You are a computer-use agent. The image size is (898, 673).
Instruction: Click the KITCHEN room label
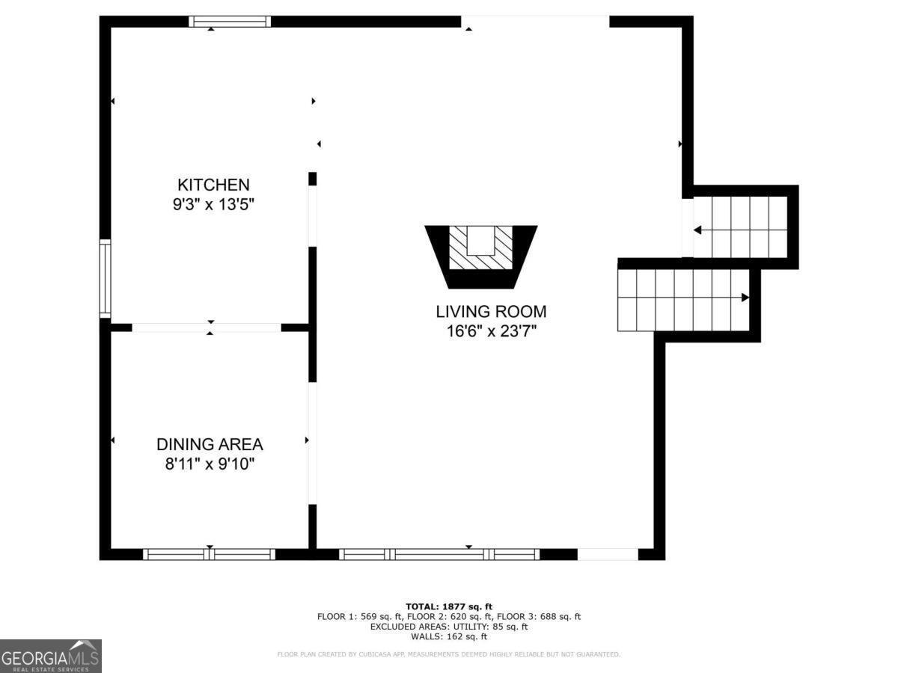213,185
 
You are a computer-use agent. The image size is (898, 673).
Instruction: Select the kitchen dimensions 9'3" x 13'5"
213,204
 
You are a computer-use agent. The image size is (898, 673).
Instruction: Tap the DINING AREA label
210,444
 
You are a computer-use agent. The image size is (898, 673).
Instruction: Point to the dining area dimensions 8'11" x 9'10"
210,464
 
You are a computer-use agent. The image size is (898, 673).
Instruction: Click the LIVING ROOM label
491,311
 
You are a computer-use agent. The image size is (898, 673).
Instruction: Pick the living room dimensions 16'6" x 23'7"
491,331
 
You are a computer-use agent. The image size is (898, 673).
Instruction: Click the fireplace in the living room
480,255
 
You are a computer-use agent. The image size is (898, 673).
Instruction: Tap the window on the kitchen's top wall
230,22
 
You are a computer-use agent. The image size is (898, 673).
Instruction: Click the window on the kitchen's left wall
106,279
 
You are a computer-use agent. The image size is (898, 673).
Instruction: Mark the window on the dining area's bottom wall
210,554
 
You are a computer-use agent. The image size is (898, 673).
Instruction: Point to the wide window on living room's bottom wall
439,554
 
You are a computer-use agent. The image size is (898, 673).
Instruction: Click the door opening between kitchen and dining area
207,328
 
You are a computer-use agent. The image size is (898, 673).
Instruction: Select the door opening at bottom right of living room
608,554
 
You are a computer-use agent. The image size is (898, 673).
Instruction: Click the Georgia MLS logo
51,656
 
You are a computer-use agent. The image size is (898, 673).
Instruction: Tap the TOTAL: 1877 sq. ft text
449,606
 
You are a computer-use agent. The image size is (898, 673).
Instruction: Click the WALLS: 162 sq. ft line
449,637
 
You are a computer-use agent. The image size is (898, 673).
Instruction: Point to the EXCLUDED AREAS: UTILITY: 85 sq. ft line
449,627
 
